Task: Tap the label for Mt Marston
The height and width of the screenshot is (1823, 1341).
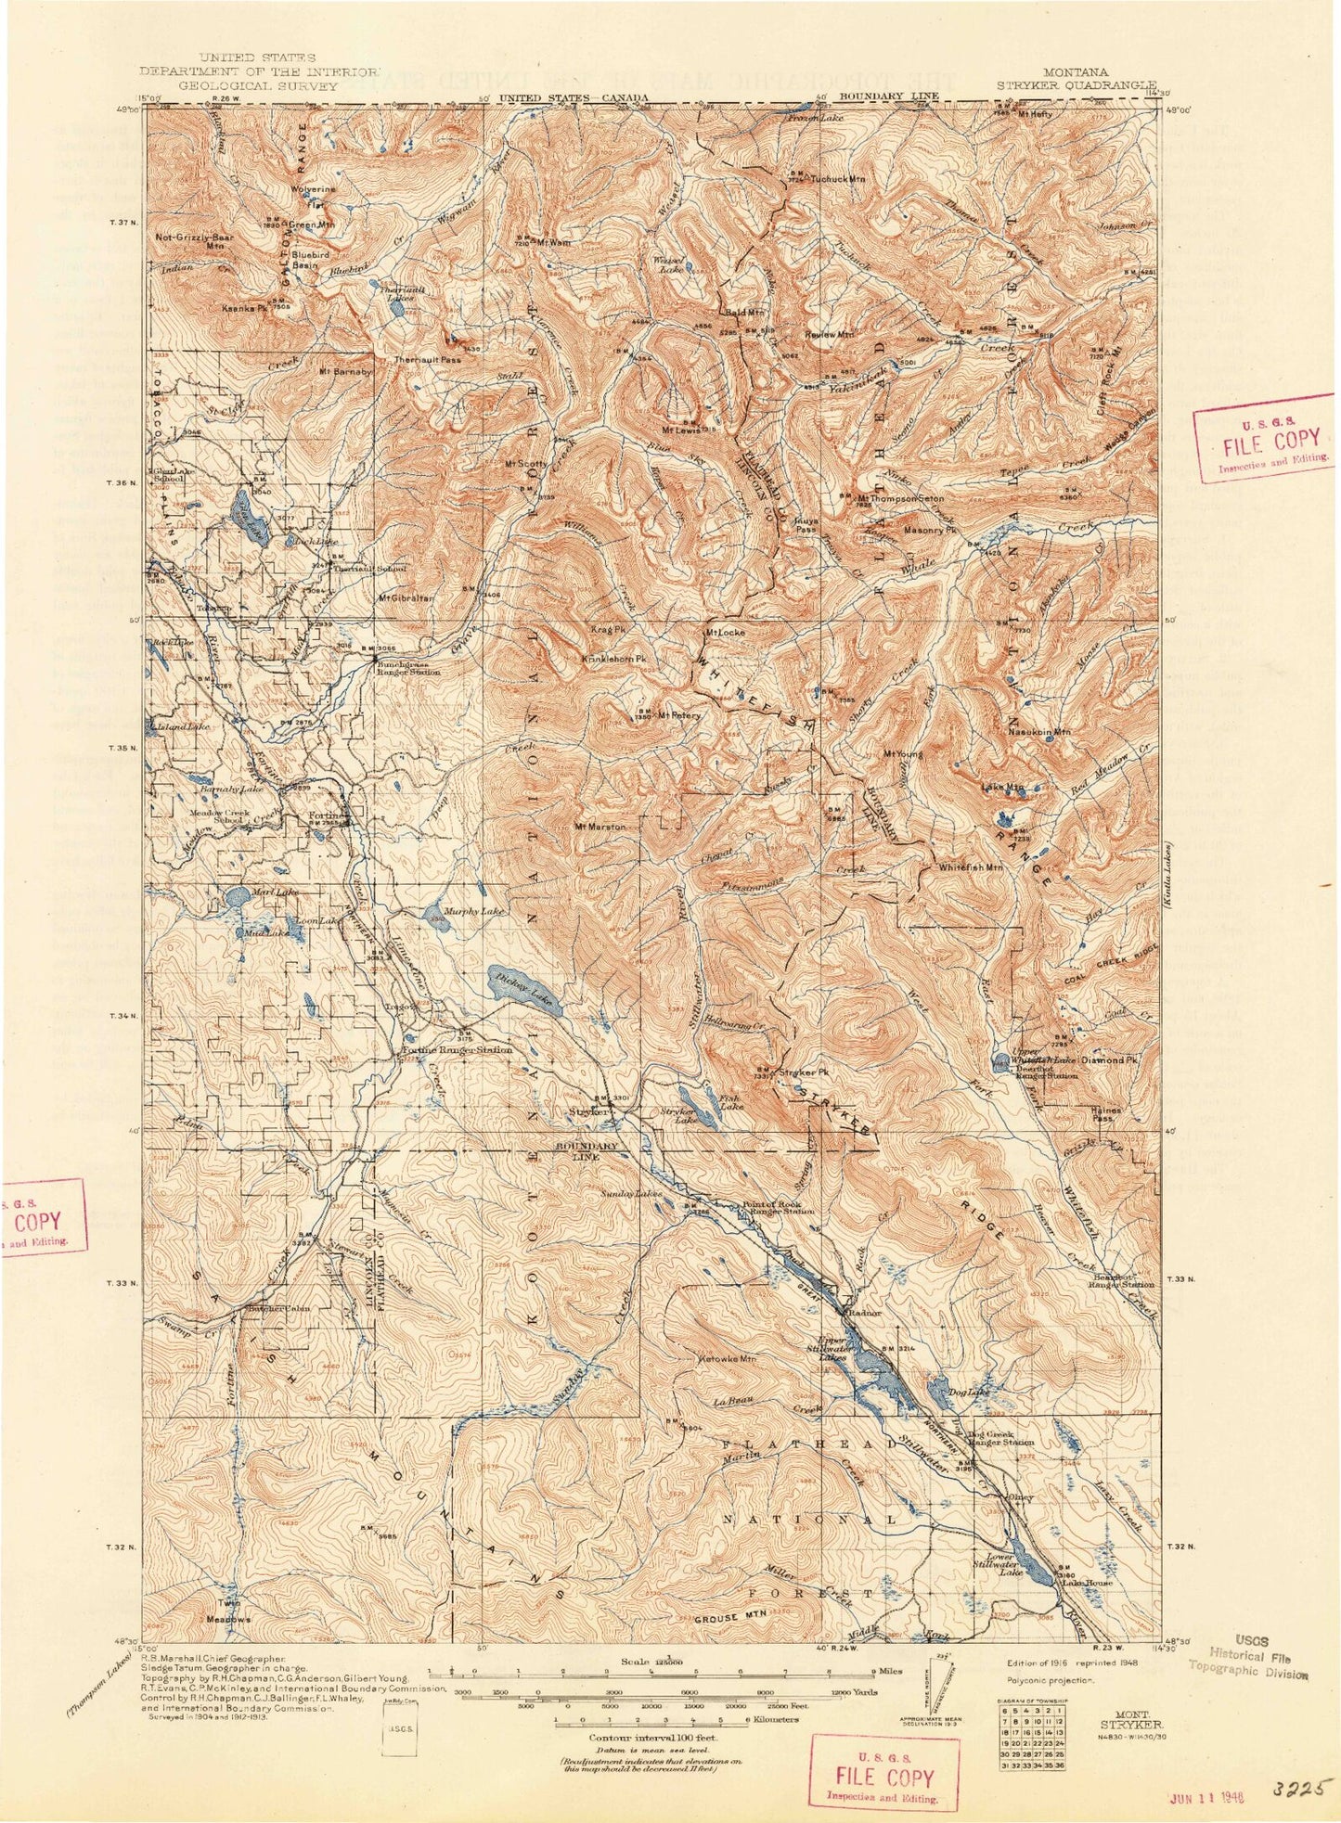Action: click(600, 827)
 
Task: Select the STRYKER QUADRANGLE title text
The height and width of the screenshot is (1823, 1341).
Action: click(1077, 84)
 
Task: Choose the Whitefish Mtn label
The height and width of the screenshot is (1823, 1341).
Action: click(971, 867)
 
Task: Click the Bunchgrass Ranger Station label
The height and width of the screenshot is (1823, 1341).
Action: click(407, 669)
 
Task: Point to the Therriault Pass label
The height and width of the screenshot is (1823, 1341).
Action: click(427, 360)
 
